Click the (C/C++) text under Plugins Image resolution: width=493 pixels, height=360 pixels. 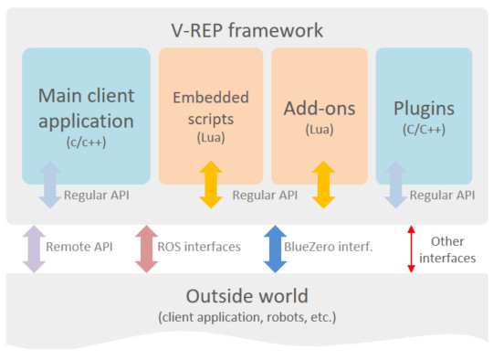[424, 130]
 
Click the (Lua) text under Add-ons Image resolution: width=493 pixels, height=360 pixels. [320, 131]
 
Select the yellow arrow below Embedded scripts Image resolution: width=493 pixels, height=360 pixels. [212, 184]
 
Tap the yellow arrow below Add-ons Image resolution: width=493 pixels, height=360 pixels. [320, 184]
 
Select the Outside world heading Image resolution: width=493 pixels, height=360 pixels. [246, 296]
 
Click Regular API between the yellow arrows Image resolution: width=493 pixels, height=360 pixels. [266, 195]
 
